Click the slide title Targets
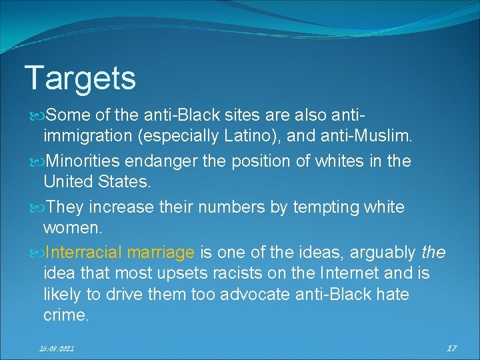(80, 78)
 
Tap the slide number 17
(451, 347)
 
